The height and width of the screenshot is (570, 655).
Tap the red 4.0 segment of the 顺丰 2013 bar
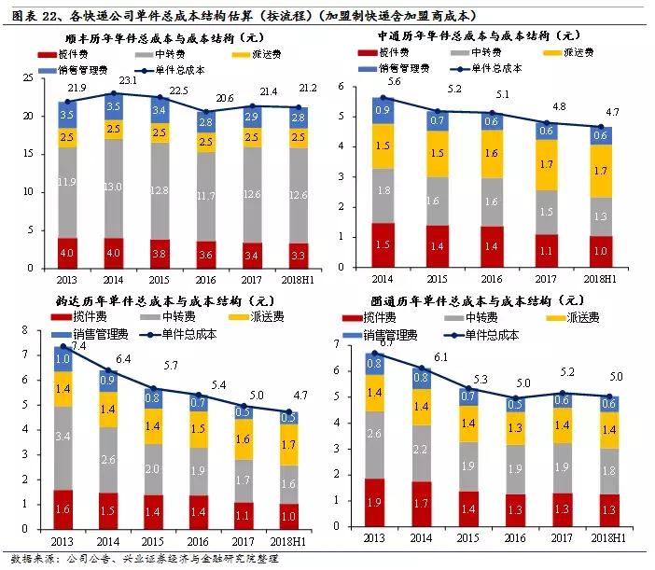67,253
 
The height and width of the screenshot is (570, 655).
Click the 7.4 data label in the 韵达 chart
77,346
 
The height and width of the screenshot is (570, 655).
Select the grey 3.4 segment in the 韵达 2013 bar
63,436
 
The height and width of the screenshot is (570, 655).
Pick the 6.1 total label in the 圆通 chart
441,357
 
